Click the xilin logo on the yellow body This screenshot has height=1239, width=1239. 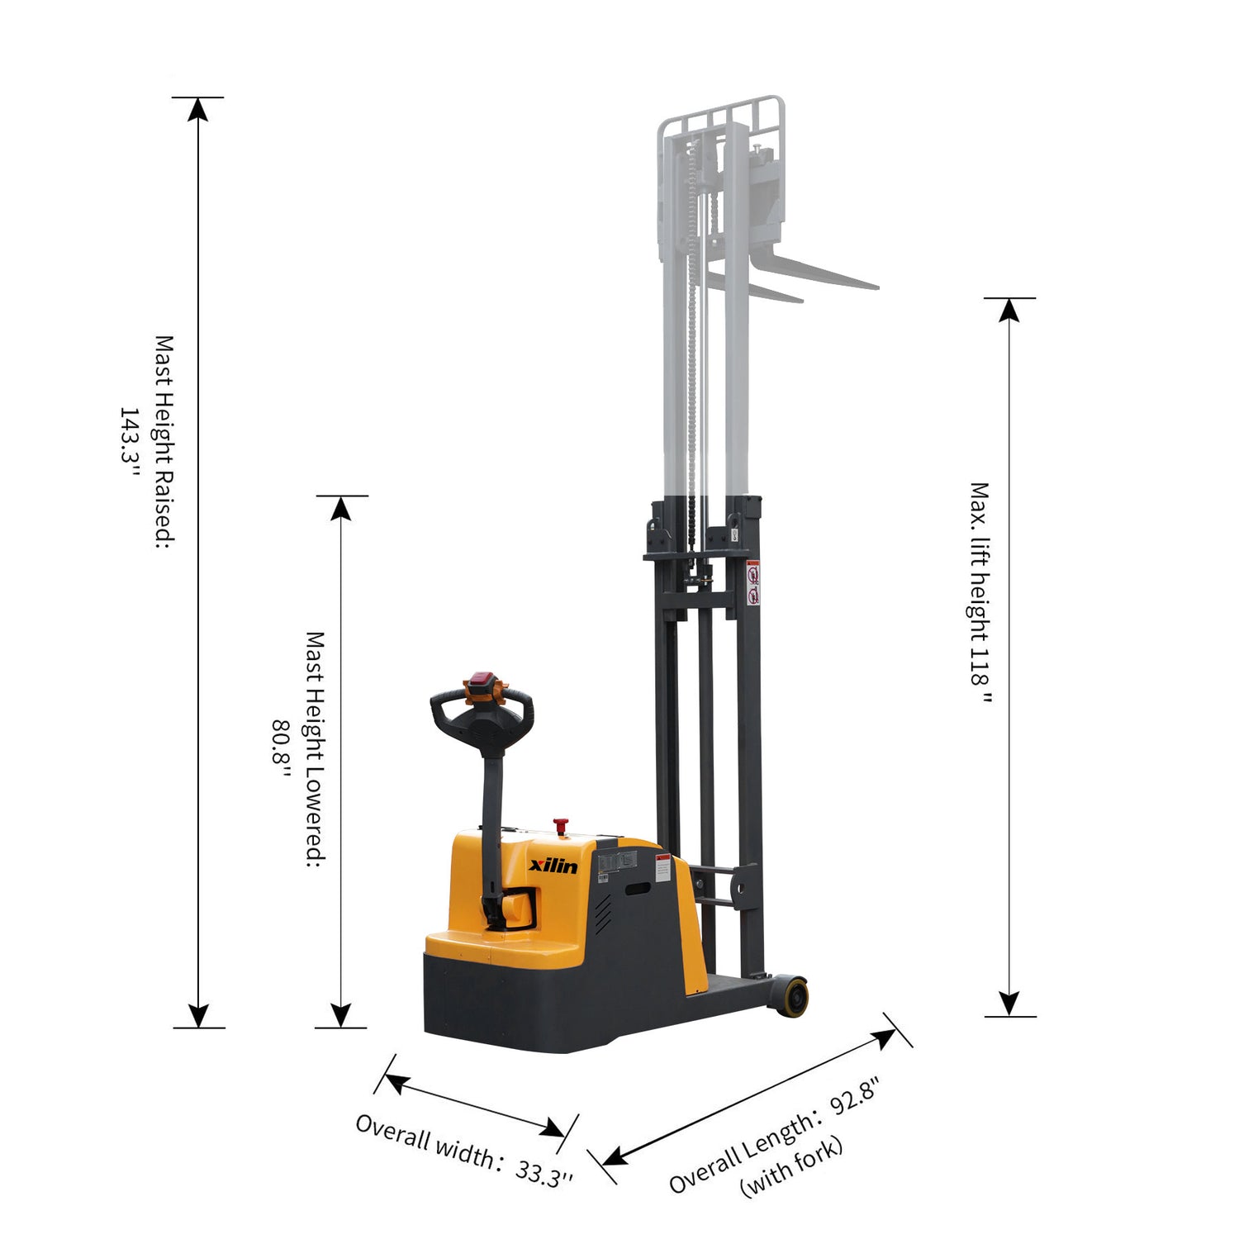553,866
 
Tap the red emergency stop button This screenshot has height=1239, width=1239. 561,824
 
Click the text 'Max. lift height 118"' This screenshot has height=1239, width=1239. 980,592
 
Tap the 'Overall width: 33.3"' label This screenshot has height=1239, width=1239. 463,1151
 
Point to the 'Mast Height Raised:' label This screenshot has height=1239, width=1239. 165,441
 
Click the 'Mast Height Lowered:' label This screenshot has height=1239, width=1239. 315,748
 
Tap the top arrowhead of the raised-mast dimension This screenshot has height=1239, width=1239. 197,110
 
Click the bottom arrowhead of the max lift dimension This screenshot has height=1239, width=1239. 1009,1003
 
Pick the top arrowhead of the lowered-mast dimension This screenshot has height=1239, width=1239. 341,509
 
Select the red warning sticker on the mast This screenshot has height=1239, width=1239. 752,583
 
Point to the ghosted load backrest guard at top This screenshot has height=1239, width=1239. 720,116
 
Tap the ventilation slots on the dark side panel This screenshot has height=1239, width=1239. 603,911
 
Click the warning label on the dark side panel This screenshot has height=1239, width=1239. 662,869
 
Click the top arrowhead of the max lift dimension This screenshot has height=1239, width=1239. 1009,310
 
